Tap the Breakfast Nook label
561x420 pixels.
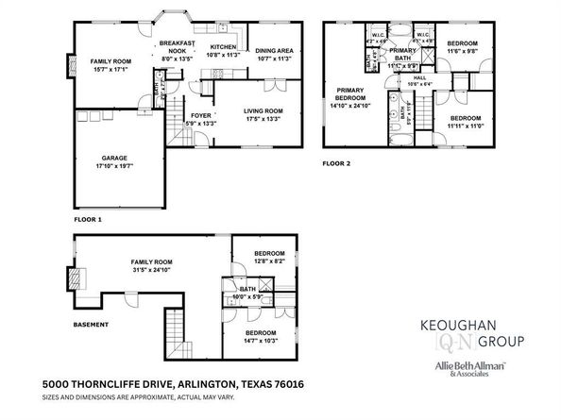click(177, 43)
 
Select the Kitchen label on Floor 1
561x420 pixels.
click(223, 46)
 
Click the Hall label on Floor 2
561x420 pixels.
click(419, 78)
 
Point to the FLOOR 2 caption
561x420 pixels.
click(336, 162)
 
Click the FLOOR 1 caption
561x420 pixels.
click(87, 218)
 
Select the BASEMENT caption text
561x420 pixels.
click(91, 325)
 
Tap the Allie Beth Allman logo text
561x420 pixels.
click(468, 364)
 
